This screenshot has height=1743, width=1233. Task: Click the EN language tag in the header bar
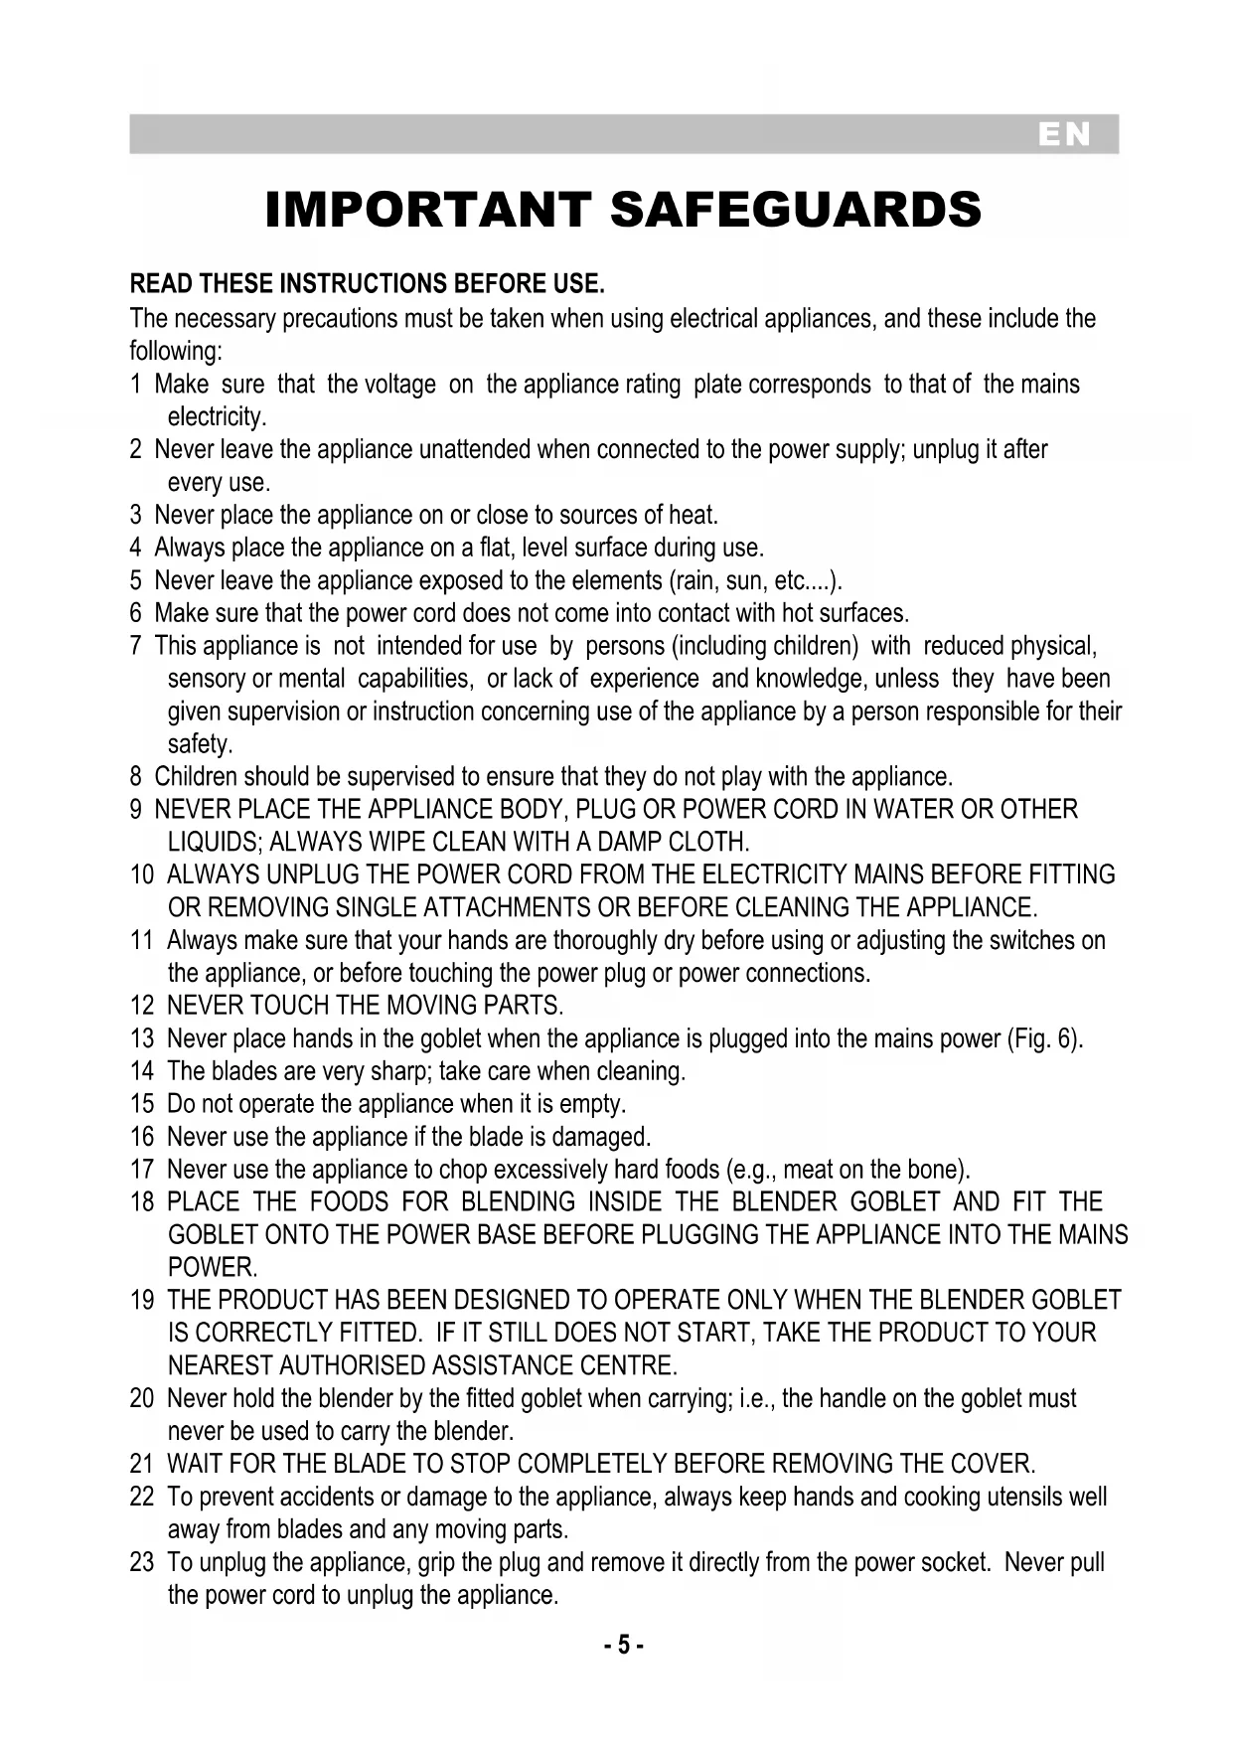(1064, 135)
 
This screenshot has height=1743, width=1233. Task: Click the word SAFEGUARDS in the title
(795, 211)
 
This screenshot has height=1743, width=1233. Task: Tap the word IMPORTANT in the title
(428, 211)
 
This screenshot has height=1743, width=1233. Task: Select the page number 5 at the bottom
(623, 1646)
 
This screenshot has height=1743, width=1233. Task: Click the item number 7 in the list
(135, 647)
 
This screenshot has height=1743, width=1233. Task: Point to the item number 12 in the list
(141, 1007)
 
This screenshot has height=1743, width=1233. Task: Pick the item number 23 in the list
(141, 1563)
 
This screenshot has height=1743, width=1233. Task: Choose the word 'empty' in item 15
(593, 1105)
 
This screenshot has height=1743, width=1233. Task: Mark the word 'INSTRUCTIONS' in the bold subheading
(364, 286)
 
